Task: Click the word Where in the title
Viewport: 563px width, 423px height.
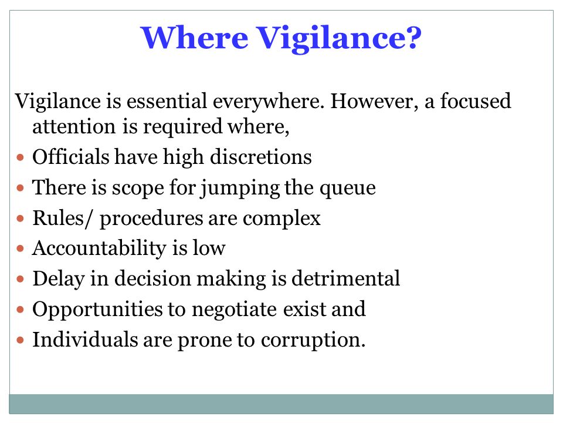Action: [194, 38]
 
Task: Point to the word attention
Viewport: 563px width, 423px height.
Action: [74, 127]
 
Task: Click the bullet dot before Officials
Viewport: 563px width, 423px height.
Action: [21, 157]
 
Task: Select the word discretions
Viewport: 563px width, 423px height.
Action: [260, 157]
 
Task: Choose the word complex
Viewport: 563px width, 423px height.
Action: [281, 219]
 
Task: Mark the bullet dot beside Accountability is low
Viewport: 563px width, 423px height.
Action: [21, 248]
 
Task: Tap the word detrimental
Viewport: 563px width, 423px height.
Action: [345, 278]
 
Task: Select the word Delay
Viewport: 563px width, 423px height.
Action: [59, 279]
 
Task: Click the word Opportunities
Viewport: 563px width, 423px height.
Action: [97, 310]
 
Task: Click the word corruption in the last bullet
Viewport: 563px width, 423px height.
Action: [313, 340]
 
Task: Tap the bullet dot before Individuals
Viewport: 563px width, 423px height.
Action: [21, 340]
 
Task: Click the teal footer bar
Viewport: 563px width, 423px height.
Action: [281, 404]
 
